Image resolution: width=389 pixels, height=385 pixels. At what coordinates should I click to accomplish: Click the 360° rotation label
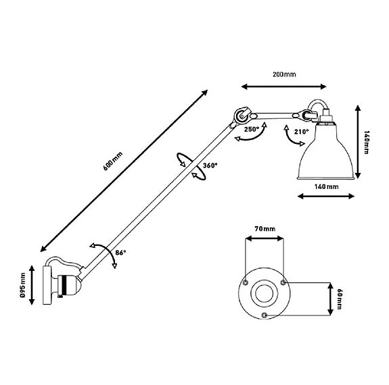pos(210,165)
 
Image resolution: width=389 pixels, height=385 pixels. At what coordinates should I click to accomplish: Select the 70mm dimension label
pos(265,230)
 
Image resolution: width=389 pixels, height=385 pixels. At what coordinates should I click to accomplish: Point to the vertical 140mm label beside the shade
pos(366,143)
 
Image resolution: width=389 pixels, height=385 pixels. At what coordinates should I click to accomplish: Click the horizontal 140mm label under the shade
pos(327,186)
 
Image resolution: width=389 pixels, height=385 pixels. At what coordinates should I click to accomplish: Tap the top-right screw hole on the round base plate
pos(283,282)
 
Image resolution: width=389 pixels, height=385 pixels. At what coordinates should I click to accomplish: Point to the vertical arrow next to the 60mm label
pos(330,297)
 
